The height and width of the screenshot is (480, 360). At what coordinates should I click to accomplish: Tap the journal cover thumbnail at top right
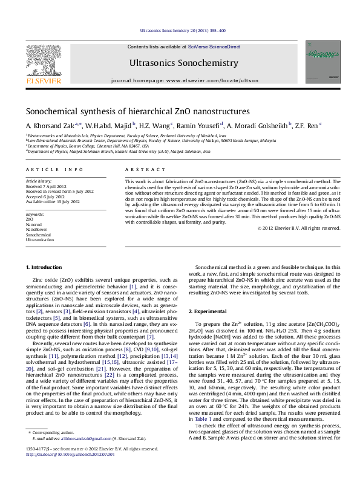point(322,62)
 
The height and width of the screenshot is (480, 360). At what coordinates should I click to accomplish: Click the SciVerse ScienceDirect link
point(214,47)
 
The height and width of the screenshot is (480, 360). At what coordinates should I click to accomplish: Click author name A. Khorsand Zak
point(47,126)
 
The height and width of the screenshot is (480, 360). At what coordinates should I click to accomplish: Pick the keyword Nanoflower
point(36,229)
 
